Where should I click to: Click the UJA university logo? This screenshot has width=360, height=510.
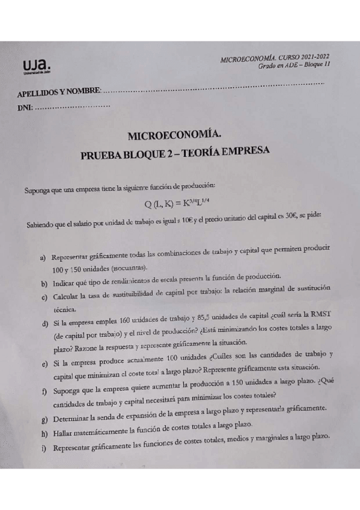35,66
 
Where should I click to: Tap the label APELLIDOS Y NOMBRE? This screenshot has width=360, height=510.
59,92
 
